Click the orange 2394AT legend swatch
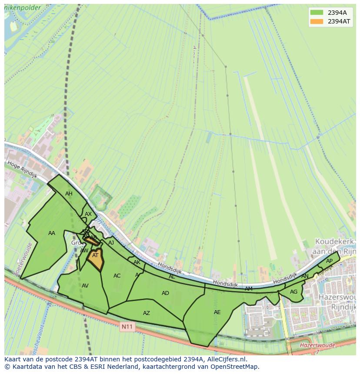click(x=317, y=21)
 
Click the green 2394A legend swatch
click(x=317, y=13)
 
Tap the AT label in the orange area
click(x=95, y=255)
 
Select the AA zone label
click(x=52, y=233)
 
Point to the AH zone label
click(x=69, y=194)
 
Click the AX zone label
click(x=88, y=214)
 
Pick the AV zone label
click(x=85, y=286)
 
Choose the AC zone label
click(x=117, y=276)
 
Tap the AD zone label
click(x=165, y=293)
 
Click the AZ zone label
click(x=147, y=313)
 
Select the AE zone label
click(x=217, y=312)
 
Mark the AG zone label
click(x=293, y=292)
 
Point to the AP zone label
click(x=329, y=261)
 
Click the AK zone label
click(x=137, y=262)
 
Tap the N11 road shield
click(x=127, y=327)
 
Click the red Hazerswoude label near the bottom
click(x=317, y=345)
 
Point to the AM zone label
click(x=248, y=289)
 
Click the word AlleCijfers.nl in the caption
click(x=226, y=359)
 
